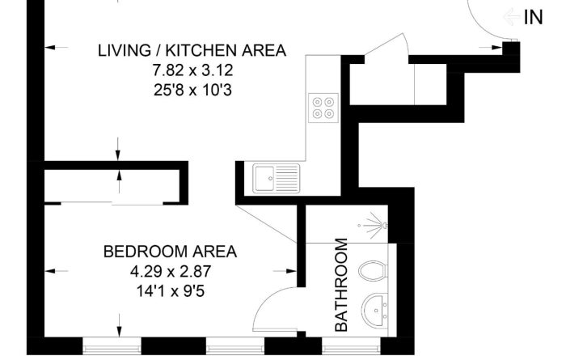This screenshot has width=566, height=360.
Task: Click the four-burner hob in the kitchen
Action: point(323,108)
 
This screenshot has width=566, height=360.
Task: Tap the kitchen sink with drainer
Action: point(277,178)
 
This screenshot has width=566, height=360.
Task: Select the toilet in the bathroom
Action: point(374,271)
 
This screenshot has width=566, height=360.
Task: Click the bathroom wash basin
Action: point(375,311)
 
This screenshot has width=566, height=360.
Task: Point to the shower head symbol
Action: point(375,226)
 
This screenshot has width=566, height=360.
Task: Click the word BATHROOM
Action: point(341,285)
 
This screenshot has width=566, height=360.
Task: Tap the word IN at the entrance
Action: point(533,17)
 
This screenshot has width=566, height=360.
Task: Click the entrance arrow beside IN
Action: point(513,17)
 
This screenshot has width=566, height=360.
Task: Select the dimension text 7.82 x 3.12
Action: point(192,70)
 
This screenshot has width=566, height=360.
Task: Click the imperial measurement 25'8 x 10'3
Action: point(192,90)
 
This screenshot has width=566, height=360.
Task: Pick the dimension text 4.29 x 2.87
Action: point(171,271)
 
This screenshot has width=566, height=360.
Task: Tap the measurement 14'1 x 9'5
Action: point(171,290)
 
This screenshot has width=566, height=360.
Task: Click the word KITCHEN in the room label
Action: point(201,50)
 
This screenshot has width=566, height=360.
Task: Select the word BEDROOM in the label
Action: point(144,252)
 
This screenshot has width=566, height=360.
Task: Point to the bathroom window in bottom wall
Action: point(351,349)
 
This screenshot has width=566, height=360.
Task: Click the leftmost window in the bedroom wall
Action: point(112,349)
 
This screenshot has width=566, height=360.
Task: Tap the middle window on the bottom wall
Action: point(235,349)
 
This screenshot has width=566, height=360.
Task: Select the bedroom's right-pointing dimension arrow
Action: point(285,271)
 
